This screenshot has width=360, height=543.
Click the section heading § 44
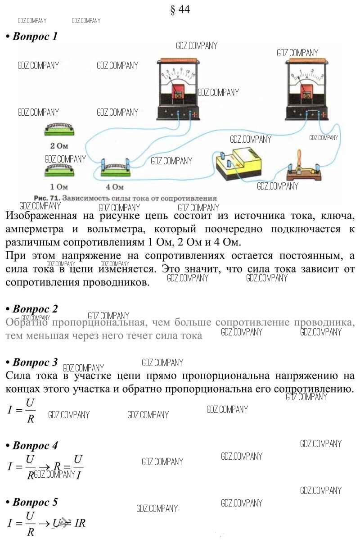(x=180, y=10)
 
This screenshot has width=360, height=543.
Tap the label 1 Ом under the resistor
(x=59, y=186)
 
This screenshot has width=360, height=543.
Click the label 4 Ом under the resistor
(x=114, y=186)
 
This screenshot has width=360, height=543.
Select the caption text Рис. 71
(x=46, y=198)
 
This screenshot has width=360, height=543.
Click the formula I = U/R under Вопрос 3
(x=22, y=409)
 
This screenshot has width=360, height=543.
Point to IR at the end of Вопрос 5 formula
(x=80, y=523)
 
